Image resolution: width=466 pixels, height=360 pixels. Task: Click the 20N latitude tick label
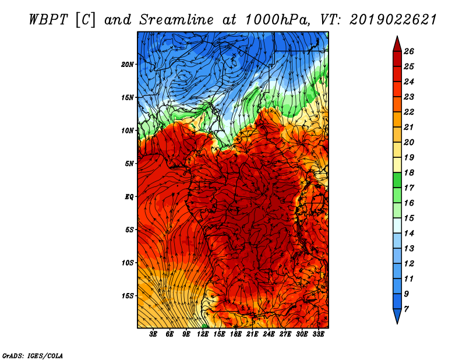click(128, 65)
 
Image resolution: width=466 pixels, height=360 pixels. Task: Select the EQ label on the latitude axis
click(129, 197)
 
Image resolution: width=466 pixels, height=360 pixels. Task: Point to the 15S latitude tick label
click(128, 296)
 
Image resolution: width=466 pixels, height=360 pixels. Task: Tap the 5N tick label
click(129, 164)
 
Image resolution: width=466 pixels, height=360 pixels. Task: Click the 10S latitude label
click(128, 263)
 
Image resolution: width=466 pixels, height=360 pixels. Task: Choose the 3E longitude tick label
click(153, 334)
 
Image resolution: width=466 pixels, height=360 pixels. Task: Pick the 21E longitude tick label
click(252, 334)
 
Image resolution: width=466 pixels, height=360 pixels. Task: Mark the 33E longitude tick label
click(318, 334)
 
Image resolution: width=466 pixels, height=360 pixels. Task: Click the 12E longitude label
click(202, 334)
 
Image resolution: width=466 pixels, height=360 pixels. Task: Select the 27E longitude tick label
click(285, 334)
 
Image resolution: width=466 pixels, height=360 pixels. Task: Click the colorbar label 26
click(409, 51)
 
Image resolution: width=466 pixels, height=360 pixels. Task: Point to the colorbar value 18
click(409, 172)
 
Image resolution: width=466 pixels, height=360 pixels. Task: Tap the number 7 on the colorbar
click(406, 309)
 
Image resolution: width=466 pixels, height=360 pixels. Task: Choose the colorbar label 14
click(409, 234)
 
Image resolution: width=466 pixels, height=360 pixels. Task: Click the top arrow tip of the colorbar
click(397, 36)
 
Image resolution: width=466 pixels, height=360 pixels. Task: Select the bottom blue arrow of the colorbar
click(397, 316)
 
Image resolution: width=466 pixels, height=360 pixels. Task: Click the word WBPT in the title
click(49, 20)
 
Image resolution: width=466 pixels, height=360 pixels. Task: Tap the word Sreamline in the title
click(176, 20)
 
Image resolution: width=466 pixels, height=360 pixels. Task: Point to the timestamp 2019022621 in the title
click(393, 20)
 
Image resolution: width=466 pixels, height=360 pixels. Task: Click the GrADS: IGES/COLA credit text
click(33, 356)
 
